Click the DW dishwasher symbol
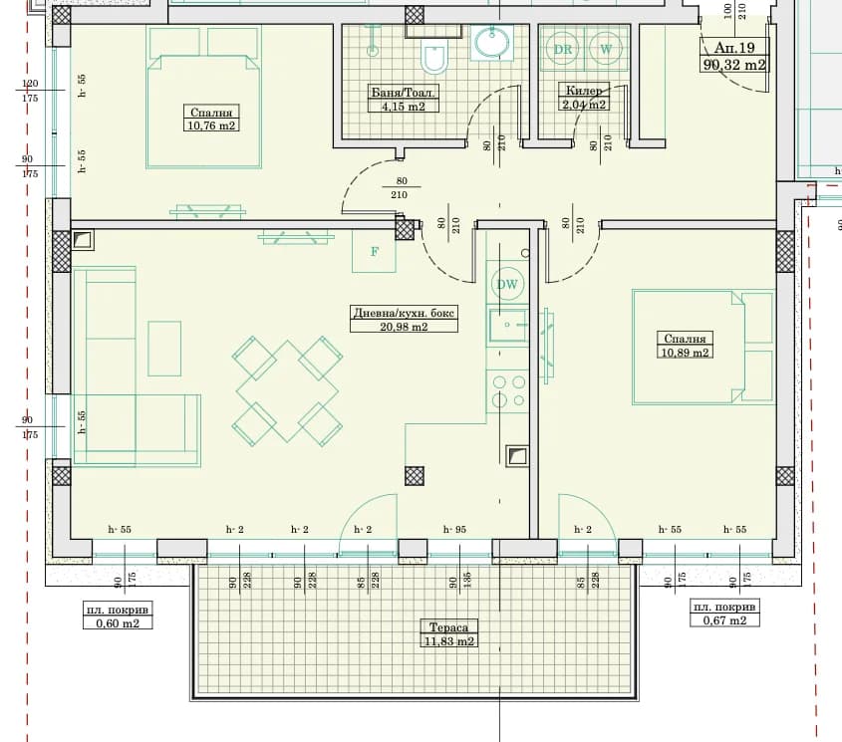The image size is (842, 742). [x=507, y=284]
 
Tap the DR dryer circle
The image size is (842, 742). [x=562, y=50]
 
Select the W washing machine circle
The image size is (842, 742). [x=606, y=49]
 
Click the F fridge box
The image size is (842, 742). [x=375, y=251]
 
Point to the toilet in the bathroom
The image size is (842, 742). [x=435, y=58]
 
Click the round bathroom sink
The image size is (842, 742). [x=491, y=43]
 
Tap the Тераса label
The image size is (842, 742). [x=448, y=627]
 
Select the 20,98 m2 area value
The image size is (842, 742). [x=404, y=327]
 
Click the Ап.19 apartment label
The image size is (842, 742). [x=734, y=47]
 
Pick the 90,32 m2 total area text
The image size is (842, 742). [x=734, y=65]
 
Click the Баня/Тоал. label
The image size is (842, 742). [x=403, y=93]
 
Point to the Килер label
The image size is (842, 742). [x=584, y=91]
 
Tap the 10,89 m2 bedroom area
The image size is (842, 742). [x=685, y=353]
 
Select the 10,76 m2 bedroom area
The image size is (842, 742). [x=211, y=125]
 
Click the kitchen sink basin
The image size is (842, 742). [x=507, y=325]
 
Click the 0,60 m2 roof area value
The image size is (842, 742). [x=118, y=623]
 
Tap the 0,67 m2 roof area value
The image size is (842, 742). [x=725, y=620]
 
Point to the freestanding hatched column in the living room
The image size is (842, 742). [x=414, y=476]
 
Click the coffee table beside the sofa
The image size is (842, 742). [x=164, y=349]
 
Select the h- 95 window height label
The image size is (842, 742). [x=454, y=530]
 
